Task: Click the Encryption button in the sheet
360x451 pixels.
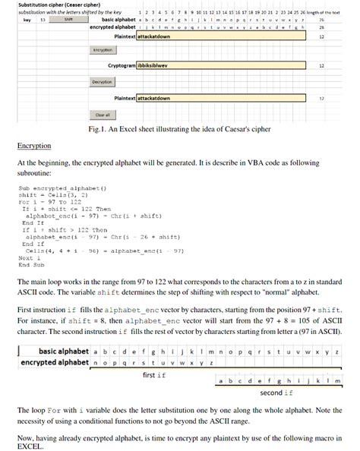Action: coord(103,50)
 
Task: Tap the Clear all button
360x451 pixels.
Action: coord(103,115)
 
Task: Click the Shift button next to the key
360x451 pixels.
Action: coord(68,20)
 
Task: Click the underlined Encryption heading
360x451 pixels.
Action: coord(34,145)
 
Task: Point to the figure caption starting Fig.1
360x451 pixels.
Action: coord(180,129)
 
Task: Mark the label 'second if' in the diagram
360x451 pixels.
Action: coord(271,393)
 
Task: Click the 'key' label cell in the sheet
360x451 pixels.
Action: coord(27,20)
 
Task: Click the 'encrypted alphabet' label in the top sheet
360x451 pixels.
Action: coord(112,27)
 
